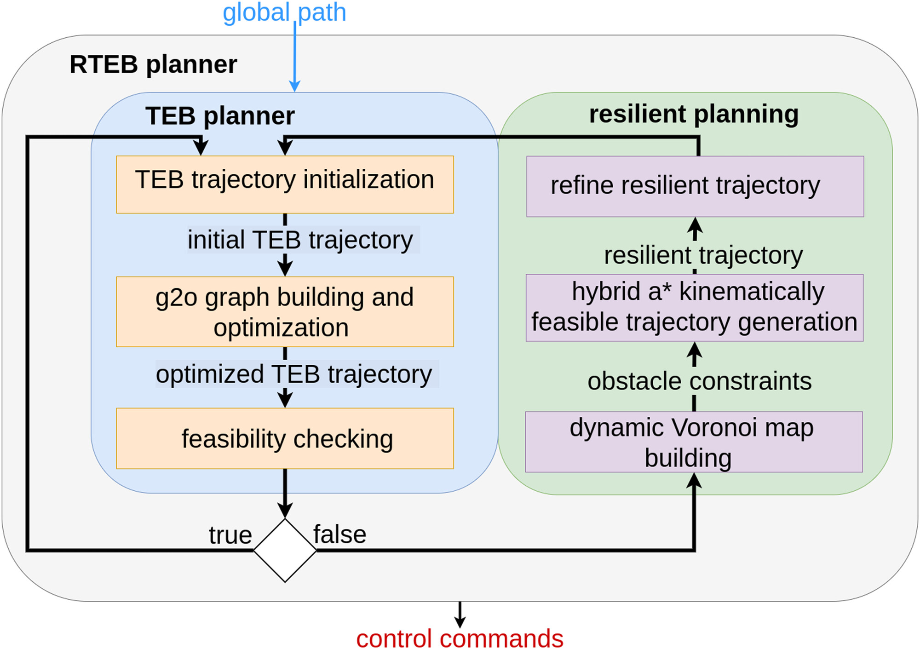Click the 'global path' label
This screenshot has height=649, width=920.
click(284, 12)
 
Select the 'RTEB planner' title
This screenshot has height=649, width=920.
click(153, 64)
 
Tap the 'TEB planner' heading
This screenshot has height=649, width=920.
click(220, 115)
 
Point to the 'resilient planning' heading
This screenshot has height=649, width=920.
click(694, 114)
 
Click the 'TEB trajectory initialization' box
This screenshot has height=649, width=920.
click(285, 184)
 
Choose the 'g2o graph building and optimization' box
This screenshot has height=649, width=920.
click(285, 311)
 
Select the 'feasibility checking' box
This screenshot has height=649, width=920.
click(285, 438)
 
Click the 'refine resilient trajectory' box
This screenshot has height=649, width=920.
click(695, 186)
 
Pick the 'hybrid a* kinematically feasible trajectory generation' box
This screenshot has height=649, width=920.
click(694, 308)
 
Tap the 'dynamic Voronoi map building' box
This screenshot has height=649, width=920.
click(694, 442)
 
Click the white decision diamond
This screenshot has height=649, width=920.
click(285, 550)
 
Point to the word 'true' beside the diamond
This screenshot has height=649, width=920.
click(230, 535)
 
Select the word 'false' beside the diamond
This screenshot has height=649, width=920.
click(340, 534)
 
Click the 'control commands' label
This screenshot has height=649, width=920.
click(460, 638)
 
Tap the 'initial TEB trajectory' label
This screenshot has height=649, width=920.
click(300, 240)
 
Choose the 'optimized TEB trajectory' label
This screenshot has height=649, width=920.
click(294, 374)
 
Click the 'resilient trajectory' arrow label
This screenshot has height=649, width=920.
click(703, 255)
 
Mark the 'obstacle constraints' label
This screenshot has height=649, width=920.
click(699, 381)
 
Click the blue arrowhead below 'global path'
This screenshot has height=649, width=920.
click(294, 86)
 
